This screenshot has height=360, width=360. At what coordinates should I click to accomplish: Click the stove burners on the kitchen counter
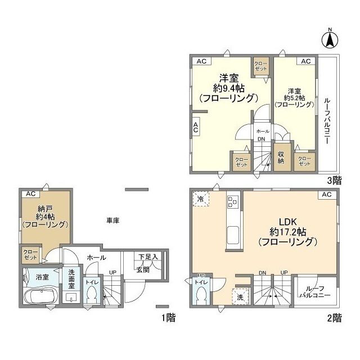click(233, 201)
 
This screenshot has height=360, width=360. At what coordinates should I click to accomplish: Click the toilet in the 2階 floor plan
click(201, 296)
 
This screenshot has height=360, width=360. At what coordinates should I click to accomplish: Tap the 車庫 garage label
click(113, 220)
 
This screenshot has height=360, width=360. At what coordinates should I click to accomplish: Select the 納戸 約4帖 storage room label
click(45, 216)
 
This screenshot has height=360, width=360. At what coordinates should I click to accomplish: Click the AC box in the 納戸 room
click(29, 193)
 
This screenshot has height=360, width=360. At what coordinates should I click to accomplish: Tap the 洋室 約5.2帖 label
click(294, 97)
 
